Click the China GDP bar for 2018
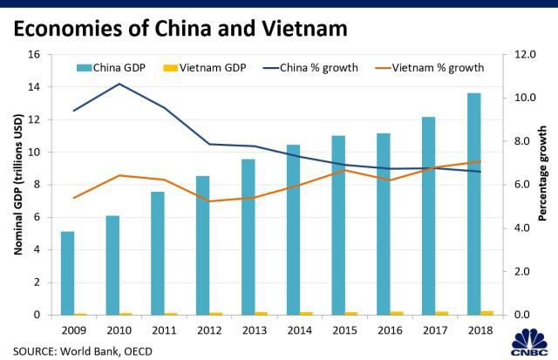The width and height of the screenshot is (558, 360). pyautogui.click(x=473, y=204)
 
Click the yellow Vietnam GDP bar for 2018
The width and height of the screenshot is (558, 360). pyautogui.click(x=487, y=312)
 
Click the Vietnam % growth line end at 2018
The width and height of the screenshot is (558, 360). pyautogui.click(x=480, y=161)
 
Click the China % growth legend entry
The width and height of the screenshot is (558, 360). pyautogui.click(x=310, y=67)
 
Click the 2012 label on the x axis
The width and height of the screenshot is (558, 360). pyautogui.click(x=209, y=331)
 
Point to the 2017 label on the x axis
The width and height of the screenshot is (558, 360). pyautogui.click(x=435, y=331)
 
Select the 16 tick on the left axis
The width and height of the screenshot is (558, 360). pyautogui.click(x=35, y=54)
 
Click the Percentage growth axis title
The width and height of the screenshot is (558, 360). pyautogui.click(x=543, y=184)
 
